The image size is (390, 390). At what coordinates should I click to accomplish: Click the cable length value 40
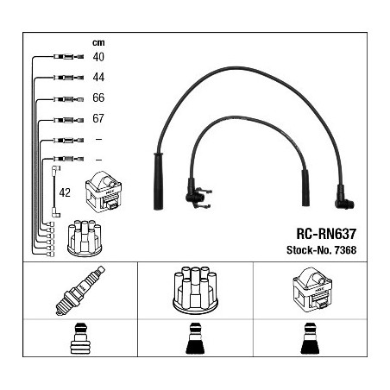coord(98,57)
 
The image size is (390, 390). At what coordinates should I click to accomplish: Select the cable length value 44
coord(98,77)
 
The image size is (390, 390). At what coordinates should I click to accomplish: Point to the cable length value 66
coord(98,97)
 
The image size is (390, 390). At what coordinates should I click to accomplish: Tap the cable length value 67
coord(98,118)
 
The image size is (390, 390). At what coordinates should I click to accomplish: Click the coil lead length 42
coord(65,192)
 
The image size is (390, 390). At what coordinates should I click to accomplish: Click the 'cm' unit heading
coord(98,42)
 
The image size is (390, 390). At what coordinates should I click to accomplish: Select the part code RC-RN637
coord(326,234)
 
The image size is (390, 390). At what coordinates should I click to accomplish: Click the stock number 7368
coord(345,250)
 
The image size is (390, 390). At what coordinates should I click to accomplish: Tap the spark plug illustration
coord(80,291)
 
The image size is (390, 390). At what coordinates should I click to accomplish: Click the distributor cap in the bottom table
coord(195,290)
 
